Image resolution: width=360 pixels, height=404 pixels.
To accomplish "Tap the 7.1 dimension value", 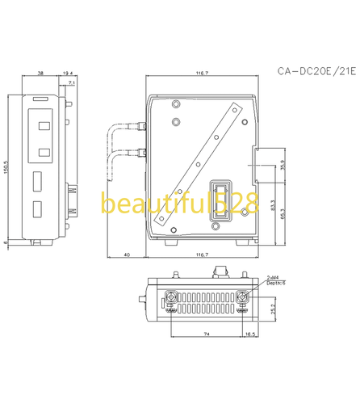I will pyautogui.click(x=72, y=83).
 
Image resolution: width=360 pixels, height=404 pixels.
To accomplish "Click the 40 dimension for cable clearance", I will pyautogui.click(x=126, y=255).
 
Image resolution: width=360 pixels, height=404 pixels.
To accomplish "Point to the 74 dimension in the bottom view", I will pyautogui.click(x=207, y=333).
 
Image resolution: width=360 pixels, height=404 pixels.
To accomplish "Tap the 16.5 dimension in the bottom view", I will pyautogui.click(x=252, y=333).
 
